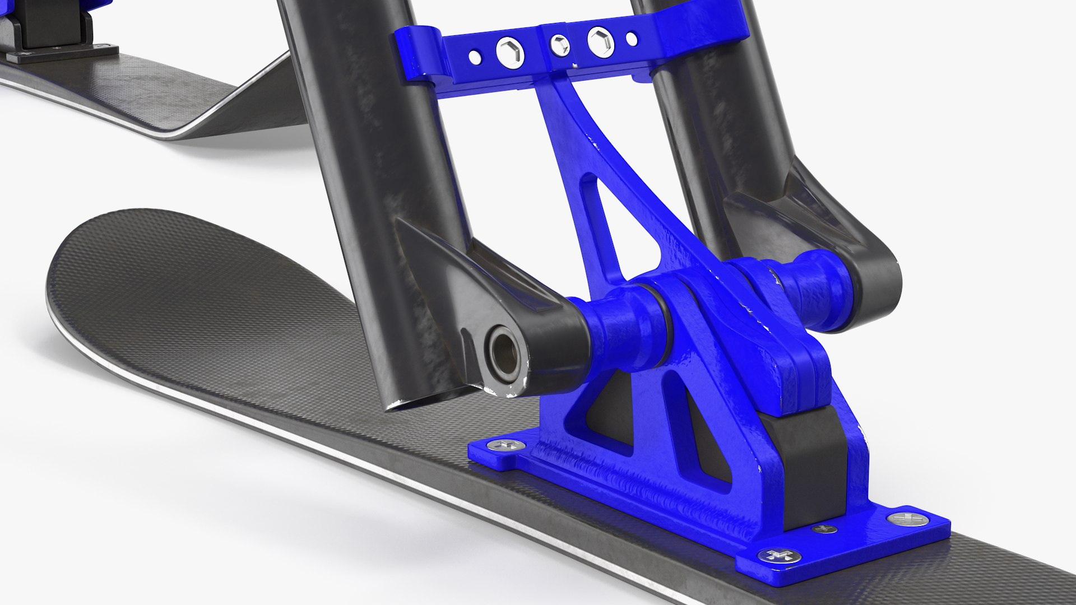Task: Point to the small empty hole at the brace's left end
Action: pyautogui.click(x=475, y=56)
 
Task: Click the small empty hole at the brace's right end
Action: pyautogui.click(x=632, y=39)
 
